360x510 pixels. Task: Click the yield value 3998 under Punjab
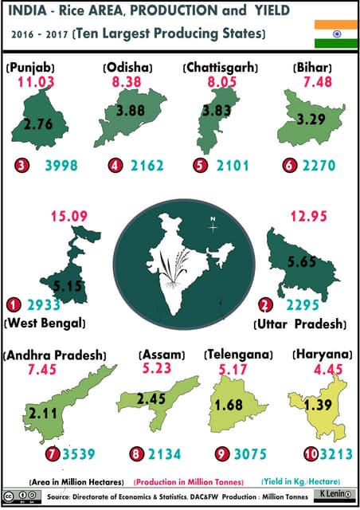coord(61,166)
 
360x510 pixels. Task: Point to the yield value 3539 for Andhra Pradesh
coord(78,455)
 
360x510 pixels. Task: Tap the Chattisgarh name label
coord(218,66)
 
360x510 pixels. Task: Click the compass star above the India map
coord(213,226)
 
